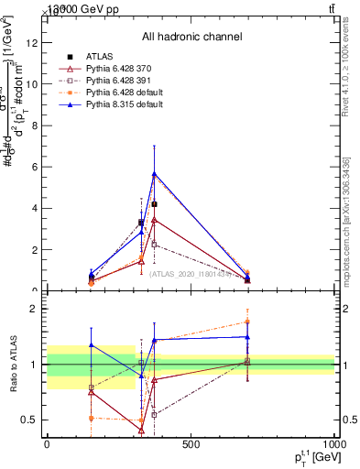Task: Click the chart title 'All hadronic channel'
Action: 191,38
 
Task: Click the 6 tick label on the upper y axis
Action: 34,167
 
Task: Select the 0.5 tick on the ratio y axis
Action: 28,420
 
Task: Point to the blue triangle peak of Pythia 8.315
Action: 154,173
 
